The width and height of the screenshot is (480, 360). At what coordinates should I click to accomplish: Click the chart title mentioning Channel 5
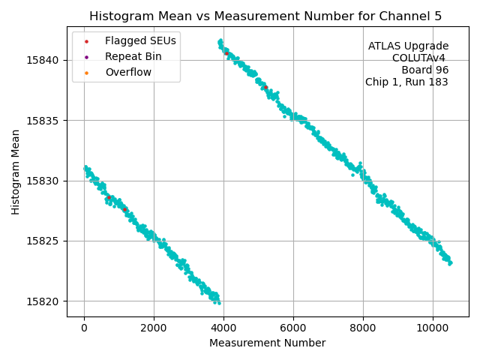click(x=265, y=16)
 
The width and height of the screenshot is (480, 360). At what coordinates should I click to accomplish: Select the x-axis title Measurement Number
click(x=267, y=343)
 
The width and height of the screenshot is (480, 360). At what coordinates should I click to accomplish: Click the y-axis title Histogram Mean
click(x=16, y=172)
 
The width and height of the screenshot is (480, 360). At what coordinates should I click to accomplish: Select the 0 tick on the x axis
click(x=84, y=328)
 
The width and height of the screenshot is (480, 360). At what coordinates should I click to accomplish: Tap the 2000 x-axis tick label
click(x=154, y=328)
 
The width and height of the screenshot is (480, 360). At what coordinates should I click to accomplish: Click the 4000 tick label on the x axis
click(x=223, y=328)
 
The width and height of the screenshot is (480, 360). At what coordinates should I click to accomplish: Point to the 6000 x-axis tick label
click(x=293, y=328)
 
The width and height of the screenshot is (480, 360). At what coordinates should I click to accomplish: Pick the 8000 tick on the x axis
click(x=363, y=328)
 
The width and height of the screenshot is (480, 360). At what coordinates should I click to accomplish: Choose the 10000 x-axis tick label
click(x=433, y=328)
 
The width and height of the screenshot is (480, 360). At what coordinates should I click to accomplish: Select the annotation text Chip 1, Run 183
click(x=406, y=82)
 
